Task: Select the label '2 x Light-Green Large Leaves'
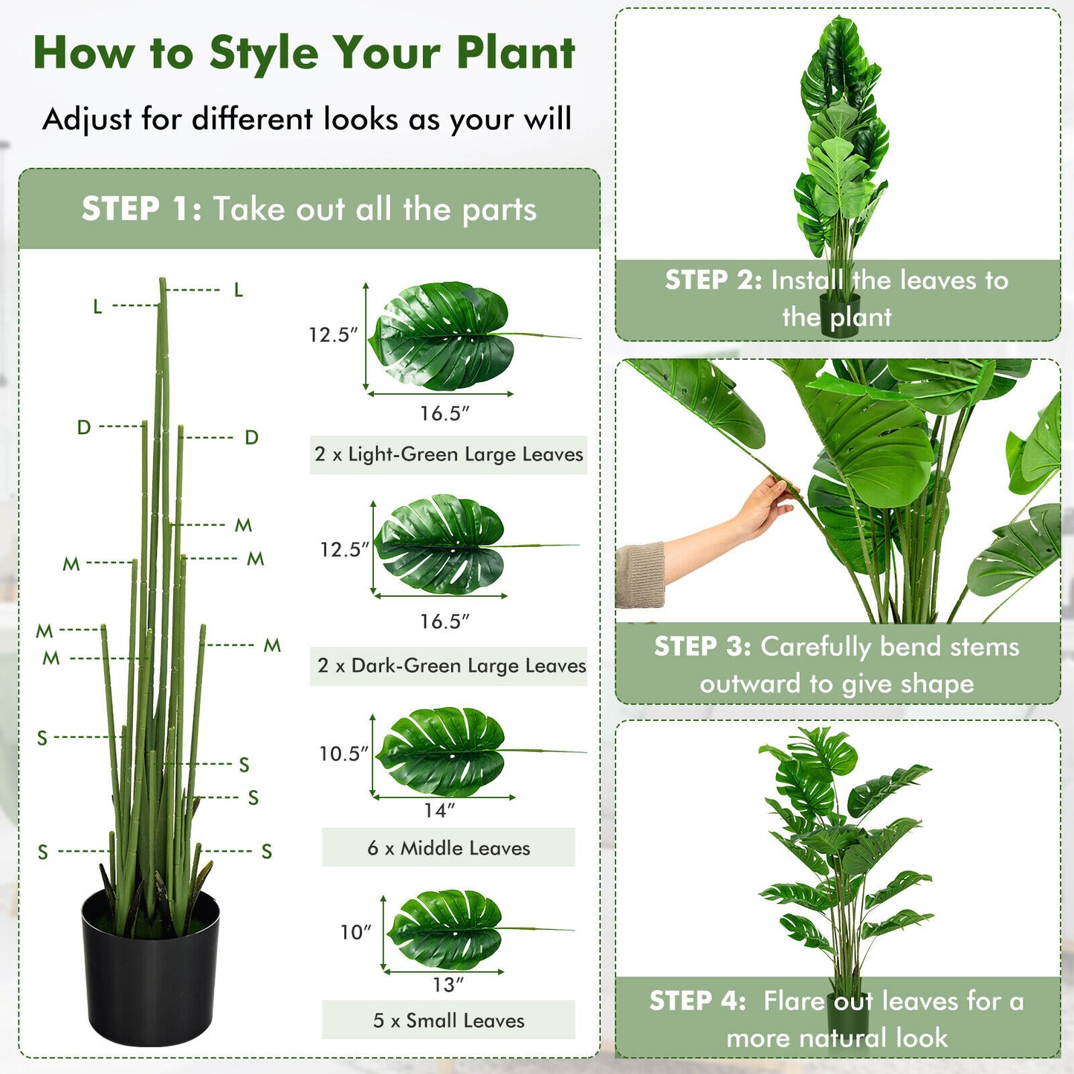[x=448, y=454]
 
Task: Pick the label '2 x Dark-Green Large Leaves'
[x=451, y=665]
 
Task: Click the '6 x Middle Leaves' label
[x=448, y=848]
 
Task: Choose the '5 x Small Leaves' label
[x=448, y=1020]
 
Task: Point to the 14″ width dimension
[x=439, y=810]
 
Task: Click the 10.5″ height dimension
[x=343, y=754]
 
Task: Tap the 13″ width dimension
[x=448, y=985]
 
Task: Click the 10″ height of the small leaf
[x=355, y=932]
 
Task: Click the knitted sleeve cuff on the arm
[x=640, y=575]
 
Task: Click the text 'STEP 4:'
[x=697, y=1001]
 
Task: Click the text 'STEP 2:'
[x=713, y=280]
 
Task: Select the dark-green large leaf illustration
[x=441, y=545]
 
